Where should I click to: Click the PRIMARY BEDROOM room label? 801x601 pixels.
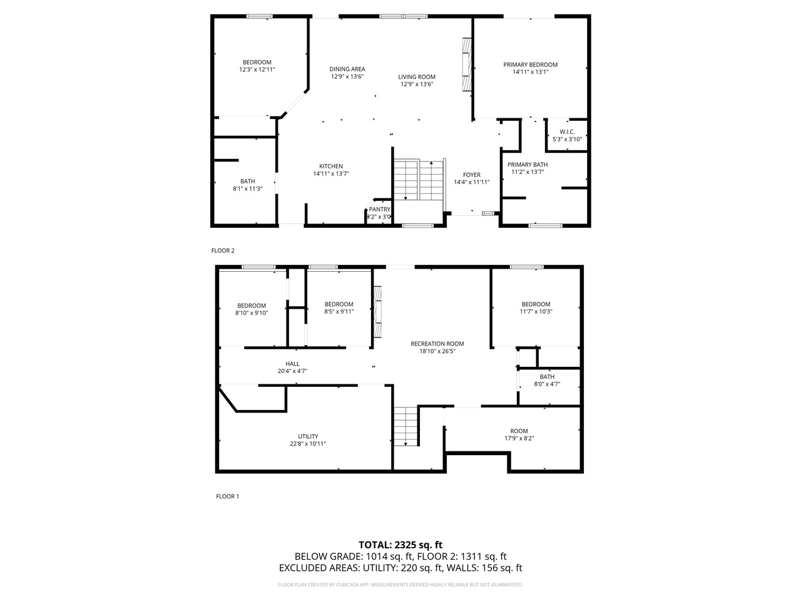(530, 64)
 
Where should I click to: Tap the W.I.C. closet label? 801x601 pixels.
(567, 131)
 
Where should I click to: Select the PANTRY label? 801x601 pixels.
(379, 210)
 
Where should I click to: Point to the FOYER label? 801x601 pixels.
(471, 175)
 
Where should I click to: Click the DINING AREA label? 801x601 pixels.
(347, 69)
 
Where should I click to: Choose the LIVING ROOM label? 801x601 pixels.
(417, 77)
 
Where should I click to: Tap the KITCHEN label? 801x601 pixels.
(331, 167)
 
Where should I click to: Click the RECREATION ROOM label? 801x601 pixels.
(437, 344)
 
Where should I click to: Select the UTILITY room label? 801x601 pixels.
(308, 436)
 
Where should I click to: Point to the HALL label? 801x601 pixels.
(292, 364)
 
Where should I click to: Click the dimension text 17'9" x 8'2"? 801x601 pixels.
(519, 438)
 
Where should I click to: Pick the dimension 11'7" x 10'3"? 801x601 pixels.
(536, 312)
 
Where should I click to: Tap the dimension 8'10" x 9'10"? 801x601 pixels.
(252, 313)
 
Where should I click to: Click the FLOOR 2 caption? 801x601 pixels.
(223, 250)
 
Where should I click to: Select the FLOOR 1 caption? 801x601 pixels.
(227, 496)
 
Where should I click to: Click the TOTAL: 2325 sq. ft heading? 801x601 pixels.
(400, 545)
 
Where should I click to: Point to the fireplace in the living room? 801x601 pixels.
(466, 65)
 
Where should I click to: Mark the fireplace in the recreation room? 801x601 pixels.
(377, 312)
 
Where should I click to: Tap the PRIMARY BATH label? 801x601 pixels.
(528, 165)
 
